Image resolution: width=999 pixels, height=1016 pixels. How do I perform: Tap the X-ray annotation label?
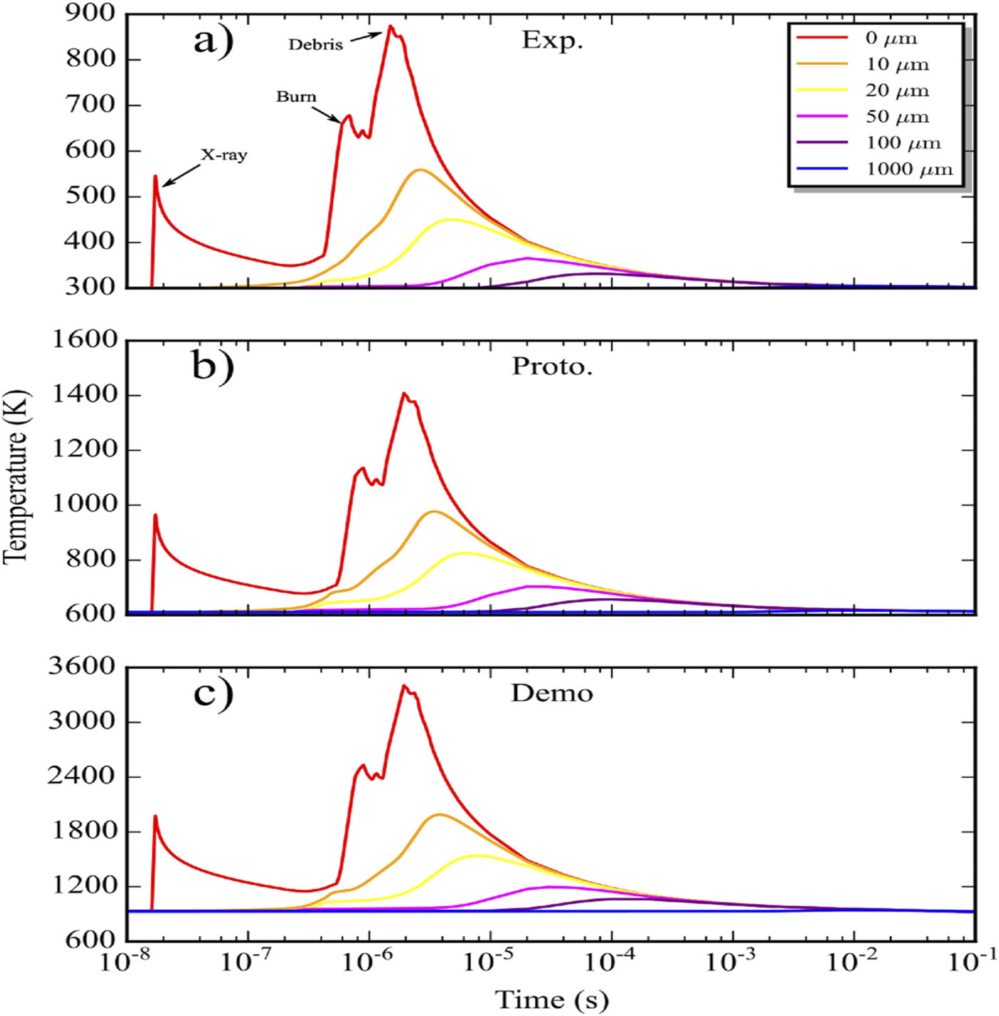pyautogui.click(x=223, y=155)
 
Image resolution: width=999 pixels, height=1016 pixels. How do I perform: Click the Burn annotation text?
pyautogui.click(x=296, y=96)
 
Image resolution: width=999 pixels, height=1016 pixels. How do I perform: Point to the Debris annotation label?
pyautogui.click(x=315, y=45)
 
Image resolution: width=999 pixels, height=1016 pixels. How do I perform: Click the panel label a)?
pyautogui.click(x=213, y=41)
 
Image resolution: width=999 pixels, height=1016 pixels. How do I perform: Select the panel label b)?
pyautogui.click(x=213, y=366)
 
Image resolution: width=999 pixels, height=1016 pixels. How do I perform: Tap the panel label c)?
pyautogui.click(x=213, y=693)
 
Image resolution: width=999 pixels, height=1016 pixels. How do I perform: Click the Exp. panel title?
pyautogui.click(x=552, y=40)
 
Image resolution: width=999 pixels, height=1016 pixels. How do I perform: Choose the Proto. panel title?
pyautogui.click(x=552, y=366)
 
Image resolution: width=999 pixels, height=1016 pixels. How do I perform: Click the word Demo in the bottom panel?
pyautogui.click(x=552, y=693)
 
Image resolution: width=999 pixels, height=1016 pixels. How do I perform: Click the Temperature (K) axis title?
pyautogui.click(x=16, y=476)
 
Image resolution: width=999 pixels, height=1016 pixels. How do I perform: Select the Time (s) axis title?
pyautogui.click(x=552, y=999)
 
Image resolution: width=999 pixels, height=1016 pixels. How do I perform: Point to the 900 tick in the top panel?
pyautogui.click(x=90, y=14)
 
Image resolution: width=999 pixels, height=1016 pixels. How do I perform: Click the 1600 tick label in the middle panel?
pyautogui.click(x=84, y=339)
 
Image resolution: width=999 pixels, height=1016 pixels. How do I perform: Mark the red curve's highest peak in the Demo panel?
pyautogui.click(x=404, y=686)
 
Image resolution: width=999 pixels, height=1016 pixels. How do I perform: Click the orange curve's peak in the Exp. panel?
pyautogui.click(x=420, y=170)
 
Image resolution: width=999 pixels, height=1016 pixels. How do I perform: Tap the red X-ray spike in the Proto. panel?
pyautogui.click(x=155, y=515)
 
